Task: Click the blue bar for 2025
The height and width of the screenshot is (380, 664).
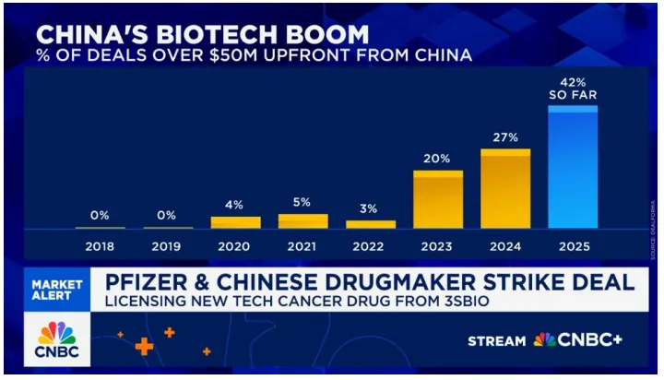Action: [x=573, y=167]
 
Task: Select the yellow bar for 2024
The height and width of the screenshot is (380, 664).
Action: [x=505, y=189]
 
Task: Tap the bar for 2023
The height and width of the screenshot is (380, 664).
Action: [x=437, y=199]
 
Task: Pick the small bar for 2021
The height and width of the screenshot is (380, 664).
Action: [x=302, y=221]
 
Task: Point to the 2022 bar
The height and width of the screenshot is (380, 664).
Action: [x=371, y=224]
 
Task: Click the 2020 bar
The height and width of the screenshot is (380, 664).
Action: [x=235, y=222]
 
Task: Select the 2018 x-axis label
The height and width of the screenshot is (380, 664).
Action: [x=100, y=247]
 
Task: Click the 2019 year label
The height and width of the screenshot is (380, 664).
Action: [x=167, y=247]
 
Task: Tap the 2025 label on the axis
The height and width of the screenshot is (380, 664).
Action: [x=573, y=247]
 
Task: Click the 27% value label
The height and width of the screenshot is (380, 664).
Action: [x=505, y=138]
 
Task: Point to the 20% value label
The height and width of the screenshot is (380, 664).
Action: [x=437, y=159]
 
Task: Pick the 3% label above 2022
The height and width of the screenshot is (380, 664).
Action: [x=371, y=208]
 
